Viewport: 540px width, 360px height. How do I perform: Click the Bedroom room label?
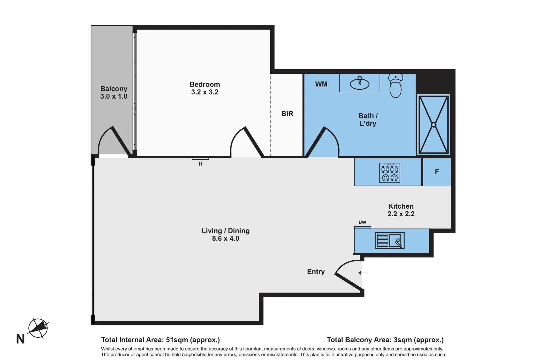204,85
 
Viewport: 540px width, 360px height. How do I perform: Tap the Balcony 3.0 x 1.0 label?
114,92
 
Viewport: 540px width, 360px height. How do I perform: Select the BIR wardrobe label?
287,114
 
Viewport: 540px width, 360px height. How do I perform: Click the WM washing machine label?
321,84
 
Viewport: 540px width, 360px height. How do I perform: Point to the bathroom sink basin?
359,84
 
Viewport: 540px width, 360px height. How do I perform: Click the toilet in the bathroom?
396,86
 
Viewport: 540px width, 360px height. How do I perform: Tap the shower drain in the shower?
433,125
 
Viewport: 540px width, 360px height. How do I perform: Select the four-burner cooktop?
390,173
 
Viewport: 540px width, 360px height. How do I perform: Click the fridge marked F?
437,172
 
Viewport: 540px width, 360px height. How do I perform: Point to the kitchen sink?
390,240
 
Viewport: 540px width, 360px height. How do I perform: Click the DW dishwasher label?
362,222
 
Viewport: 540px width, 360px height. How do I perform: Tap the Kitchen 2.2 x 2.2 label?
401,210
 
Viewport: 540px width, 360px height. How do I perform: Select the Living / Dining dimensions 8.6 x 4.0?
225,239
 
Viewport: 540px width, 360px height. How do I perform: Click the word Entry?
316,272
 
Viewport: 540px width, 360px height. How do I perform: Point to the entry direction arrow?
363,273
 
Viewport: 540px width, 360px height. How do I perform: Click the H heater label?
200,164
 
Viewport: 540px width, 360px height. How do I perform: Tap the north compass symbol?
38,328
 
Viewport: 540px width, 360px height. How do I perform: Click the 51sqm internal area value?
177,340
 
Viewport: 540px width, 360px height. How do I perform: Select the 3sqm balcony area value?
403,340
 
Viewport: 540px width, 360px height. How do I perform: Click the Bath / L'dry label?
368,120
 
